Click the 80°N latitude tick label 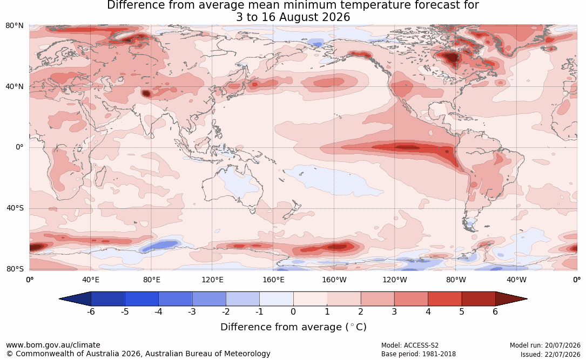pyautogui.click(x=14, y=26)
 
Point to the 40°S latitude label pyautogui.click(x=15, y=208)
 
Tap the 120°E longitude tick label pyautogui.click(x=212, y=280)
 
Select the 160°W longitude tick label pyautogui.click(x=334, y=280)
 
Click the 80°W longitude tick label pyautogui.click(x=456, y=280)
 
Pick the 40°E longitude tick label pyautogui.click(x=90, y=280)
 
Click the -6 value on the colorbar pyautogui.click(x=91, y=311)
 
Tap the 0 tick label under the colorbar pyautogui.click(x=293, y=311)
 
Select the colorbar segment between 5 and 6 pyautogui.click(x=479, y=299)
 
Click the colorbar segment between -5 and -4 pyautogui.click(x=142, y=299)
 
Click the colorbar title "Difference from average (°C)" pyautogui.click(x=293, y=327)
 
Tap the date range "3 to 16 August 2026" pyautogui.click(x=293, y=17)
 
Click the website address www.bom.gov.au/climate pyautogui.click(x=53, y=345)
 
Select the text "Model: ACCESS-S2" pyautogui.click(x=409, y=345)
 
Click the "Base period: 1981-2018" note pyautogui.click(x=418, y=354)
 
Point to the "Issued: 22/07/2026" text pyautogui.click(x=550, y=354)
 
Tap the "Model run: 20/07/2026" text pyautogui.click(x=545, y=345)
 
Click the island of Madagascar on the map pyautogui.click(x=100, y=175)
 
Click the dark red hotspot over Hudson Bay pyautogui.click(x=452, y=58)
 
